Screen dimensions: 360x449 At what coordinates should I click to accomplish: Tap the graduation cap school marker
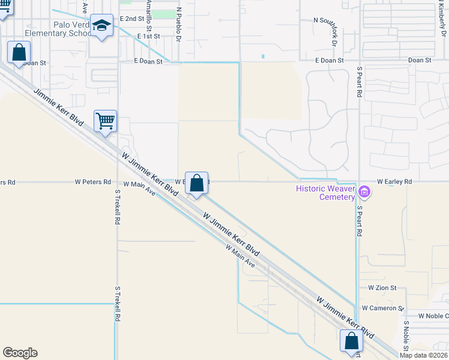101,26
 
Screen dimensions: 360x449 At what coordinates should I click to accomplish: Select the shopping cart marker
105,121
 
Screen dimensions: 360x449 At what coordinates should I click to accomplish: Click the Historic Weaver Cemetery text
324,193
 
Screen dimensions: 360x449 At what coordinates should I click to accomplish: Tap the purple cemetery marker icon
364,192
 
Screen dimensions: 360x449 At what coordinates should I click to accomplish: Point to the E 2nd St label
132,19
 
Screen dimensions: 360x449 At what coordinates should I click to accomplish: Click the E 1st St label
148,37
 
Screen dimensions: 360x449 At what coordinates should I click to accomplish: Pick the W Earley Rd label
394,181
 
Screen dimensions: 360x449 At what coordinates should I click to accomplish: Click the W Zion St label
382,288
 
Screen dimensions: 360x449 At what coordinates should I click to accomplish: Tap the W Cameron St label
382,308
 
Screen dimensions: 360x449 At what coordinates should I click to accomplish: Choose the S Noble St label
406,336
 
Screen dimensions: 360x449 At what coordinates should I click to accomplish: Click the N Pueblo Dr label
178,24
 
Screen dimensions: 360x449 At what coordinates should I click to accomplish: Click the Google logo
20,353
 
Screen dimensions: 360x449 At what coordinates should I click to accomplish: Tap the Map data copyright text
424,355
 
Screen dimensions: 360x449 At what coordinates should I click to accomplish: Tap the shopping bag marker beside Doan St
19,52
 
